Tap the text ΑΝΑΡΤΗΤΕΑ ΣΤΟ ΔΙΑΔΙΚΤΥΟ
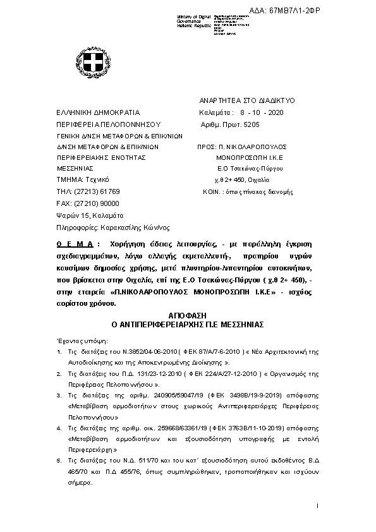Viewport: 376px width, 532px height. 238,100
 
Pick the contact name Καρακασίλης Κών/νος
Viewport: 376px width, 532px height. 136,227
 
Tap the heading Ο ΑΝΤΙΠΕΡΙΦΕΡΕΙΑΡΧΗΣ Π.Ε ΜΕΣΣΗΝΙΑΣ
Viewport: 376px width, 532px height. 187,323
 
